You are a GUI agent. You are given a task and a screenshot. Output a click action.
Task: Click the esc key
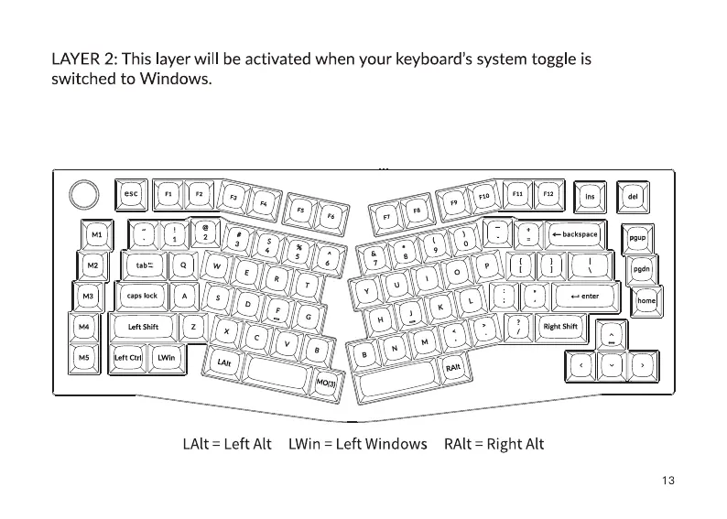pos(132,193)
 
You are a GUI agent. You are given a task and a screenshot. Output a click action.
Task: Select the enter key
pos(584,297)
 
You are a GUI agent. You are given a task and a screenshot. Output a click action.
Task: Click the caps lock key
pos(142,296)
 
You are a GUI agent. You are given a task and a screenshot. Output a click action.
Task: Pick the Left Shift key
pos(143,327)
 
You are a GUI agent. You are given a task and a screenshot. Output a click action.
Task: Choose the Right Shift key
pos(560,327)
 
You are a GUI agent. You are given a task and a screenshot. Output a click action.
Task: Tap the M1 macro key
pos(96,235)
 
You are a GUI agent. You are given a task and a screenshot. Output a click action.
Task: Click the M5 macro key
pos(84,358)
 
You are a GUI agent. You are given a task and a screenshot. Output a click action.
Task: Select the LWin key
pos(166,358)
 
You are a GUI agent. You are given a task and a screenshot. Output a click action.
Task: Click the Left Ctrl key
pos(127,358)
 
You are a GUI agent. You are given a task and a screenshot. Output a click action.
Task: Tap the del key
pos(632,195)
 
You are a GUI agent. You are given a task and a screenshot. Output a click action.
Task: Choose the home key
pos(646,301)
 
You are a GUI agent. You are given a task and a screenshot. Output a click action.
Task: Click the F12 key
pos(548,194)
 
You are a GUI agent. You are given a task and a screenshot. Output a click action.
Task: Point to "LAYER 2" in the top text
pos(83,59)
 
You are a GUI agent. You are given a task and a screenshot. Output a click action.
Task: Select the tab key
pos(144,265)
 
